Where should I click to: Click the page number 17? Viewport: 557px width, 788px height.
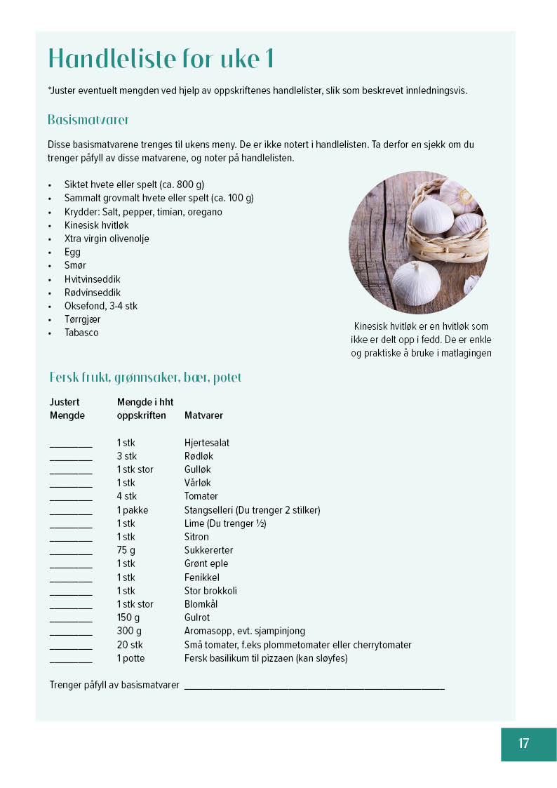(524, 744)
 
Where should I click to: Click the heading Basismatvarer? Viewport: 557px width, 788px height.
(88, 120)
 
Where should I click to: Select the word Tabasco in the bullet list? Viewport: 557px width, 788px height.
(81, 333)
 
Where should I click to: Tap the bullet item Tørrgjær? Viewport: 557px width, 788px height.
(82, 319)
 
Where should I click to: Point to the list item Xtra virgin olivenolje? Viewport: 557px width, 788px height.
(107, 239)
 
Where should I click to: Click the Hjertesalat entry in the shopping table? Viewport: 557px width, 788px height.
(207, 443)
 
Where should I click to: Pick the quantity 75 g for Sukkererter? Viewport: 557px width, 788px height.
(126, 550)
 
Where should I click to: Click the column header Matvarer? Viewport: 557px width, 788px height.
(203, 415)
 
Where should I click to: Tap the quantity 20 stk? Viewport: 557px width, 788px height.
(130, 645)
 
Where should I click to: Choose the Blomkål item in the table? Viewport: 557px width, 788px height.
(198, 604)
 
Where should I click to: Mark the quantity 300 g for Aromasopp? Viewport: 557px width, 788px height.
(129, 631)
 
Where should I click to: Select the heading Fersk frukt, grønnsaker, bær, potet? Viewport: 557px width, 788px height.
(145, 378)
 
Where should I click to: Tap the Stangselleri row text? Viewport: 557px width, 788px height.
(252, 510)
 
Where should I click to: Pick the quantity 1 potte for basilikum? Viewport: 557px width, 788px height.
(132, 658)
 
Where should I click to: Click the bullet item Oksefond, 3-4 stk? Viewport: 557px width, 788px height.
(101, 306)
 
